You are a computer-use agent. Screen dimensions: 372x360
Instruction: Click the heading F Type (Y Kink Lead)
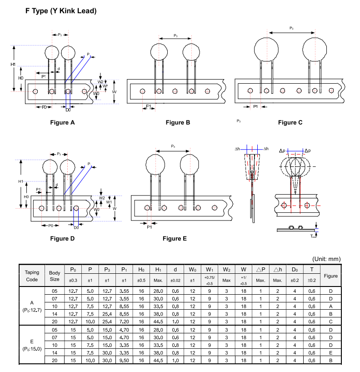[61, 10]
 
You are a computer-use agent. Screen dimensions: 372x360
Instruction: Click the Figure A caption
[62, 122]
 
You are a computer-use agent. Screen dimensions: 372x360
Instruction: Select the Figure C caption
[290, 122]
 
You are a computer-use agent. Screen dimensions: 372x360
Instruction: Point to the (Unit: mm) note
[326, 259]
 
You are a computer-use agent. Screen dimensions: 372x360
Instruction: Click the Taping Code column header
[32, 276]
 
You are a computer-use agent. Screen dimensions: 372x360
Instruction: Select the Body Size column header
[55, 276]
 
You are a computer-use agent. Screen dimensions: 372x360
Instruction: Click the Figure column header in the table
[330, 276]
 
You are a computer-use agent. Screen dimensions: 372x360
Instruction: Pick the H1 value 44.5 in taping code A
[158, 322]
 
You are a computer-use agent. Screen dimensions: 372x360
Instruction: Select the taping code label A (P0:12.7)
[32, 307]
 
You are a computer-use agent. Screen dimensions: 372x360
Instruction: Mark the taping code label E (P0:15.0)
[32, 345]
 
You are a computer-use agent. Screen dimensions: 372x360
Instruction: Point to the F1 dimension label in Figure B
[148, 106]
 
